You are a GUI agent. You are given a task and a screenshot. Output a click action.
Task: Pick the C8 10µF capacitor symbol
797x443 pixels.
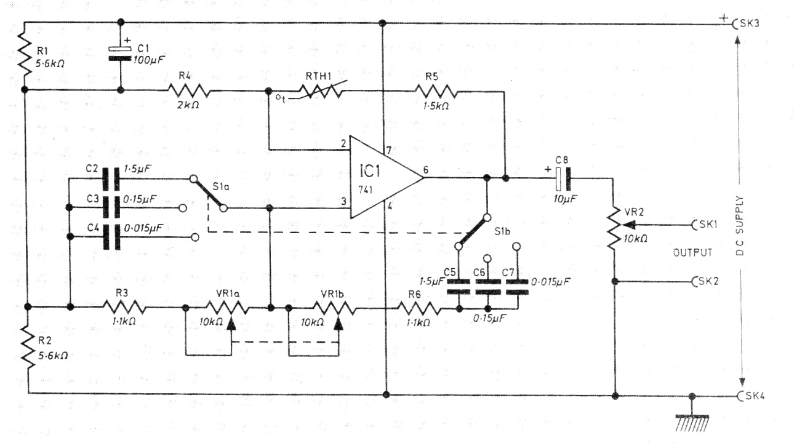[563, 178]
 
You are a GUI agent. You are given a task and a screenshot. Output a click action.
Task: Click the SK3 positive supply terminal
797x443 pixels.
[736, 23]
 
